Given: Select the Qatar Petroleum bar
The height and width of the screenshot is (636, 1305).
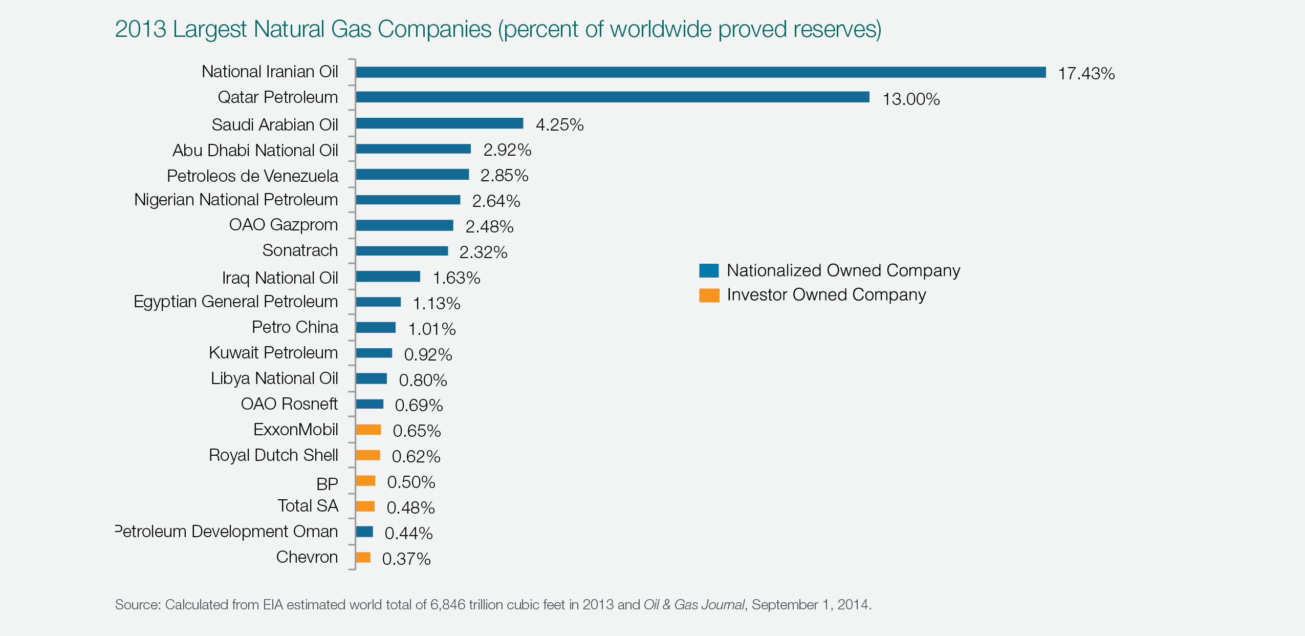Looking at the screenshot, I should tap(612, 97).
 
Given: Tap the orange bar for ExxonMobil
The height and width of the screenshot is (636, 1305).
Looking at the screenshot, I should tap(368, 430).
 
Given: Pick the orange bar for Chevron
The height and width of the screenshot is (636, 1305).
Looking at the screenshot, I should tap(363, 557).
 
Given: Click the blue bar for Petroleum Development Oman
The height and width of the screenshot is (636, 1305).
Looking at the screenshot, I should tap(364, 532).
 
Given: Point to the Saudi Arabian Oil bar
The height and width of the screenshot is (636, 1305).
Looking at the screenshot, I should tap(439, 123).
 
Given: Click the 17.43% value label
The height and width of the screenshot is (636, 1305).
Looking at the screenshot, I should tap(1086, 74).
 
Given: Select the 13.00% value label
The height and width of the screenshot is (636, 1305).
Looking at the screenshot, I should tap(911, 99).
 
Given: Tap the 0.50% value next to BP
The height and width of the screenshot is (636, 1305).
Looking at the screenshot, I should tap(411, 482).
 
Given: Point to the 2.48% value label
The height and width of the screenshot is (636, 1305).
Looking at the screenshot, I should tap(489, 226).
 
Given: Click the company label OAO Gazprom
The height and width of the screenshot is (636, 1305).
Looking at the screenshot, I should tap(284, 225).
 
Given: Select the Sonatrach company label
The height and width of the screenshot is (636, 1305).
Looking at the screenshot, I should tap(300, 250).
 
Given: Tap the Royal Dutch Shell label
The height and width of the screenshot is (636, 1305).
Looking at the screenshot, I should tap(273, 455).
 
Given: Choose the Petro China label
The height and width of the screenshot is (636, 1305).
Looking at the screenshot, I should tap(295, 327).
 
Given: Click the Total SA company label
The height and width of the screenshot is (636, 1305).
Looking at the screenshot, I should tap(308, 506).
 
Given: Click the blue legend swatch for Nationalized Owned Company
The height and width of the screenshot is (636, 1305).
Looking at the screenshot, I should tap(709, 270).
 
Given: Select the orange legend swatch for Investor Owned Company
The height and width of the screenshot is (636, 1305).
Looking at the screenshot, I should tap(709, 295).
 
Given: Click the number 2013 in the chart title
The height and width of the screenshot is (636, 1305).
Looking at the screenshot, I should tap(141, 29).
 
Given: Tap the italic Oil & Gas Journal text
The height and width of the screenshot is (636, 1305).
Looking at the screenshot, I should tap(693, 605).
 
